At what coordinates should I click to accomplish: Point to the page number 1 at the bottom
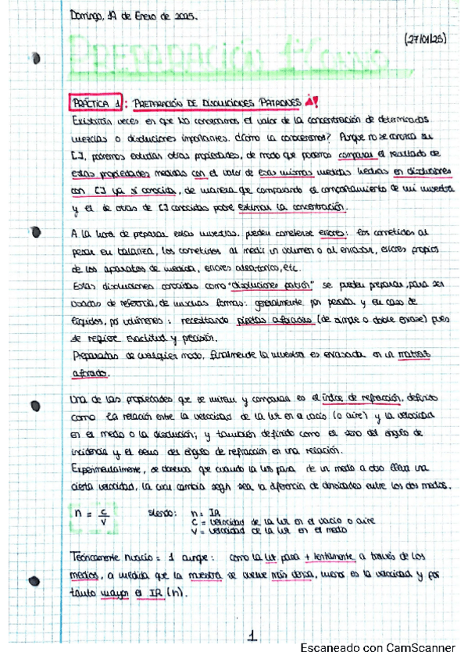(x=252, y=637)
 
